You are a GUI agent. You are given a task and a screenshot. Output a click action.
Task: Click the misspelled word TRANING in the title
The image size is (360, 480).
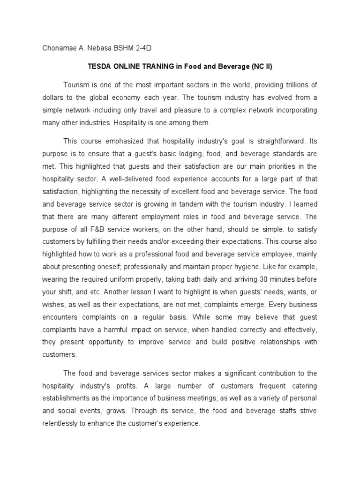point(155,67)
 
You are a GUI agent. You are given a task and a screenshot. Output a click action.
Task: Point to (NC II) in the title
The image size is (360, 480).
point(262,67)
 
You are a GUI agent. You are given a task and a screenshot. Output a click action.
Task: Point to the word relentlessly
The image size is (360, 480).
point(65,422)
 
